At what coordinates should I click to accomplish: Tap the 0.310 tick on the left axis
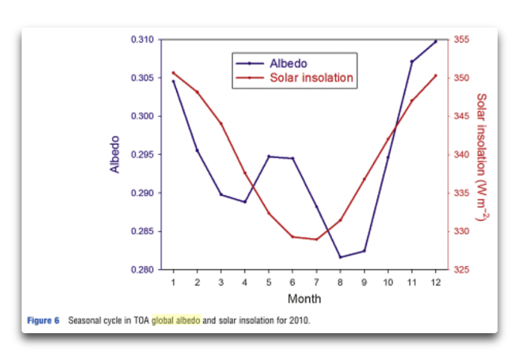pyautogui.click(x=142, y=40)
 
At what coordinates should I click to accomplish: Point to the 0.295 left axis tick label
pyautogui.click(x=142, y=154)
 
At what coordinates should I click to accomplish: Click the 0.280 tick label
pyautogui.click(x=142, y=270)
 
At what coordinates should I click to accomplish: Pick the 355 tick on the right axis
pyautogui.click(x=462, y=40)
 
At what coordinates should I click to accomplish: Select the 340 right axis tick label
pyautogui.click(x=462, y=154)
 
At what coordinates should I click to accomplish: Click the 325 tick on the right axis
pyautogui.click(x=462, y=270)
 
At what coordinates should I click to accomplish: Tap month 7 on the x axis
pyautogui.click(x=316, y=282)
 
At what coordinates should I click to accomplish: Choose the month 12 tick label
pyautogui.click(x=436, y=282)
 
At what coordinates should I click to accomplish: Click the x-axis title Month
pyautogui.click(x=304, y=299)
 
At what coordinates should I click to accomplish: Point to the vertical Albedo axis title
pyautogui.click(x=115, y=154)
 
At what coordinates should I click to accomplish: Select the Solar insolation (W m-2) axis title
pyautogui.click(x=482, y=157)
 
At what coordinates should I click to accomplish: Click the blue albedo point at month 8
pyautogui.click(x=340, y=257)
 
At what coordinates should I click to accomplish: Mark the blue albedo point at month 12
pyautogui.click(x=436, y=42)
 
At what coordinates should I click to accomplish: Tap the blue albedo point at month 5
pyautogui.click(x=269, y=157)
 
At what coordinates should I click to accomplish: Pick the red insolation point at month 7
pyautogui.click(x=316, y=239)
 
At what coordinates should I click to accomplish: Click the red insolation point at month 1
pyautogui.click(x=173, y=73)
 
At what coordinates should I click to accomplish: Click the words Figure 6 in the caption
pyautogui.click(x=43, y=320)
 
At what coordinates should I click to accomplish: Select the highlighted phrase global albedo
pyautogui.click(x=176, y=320)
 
